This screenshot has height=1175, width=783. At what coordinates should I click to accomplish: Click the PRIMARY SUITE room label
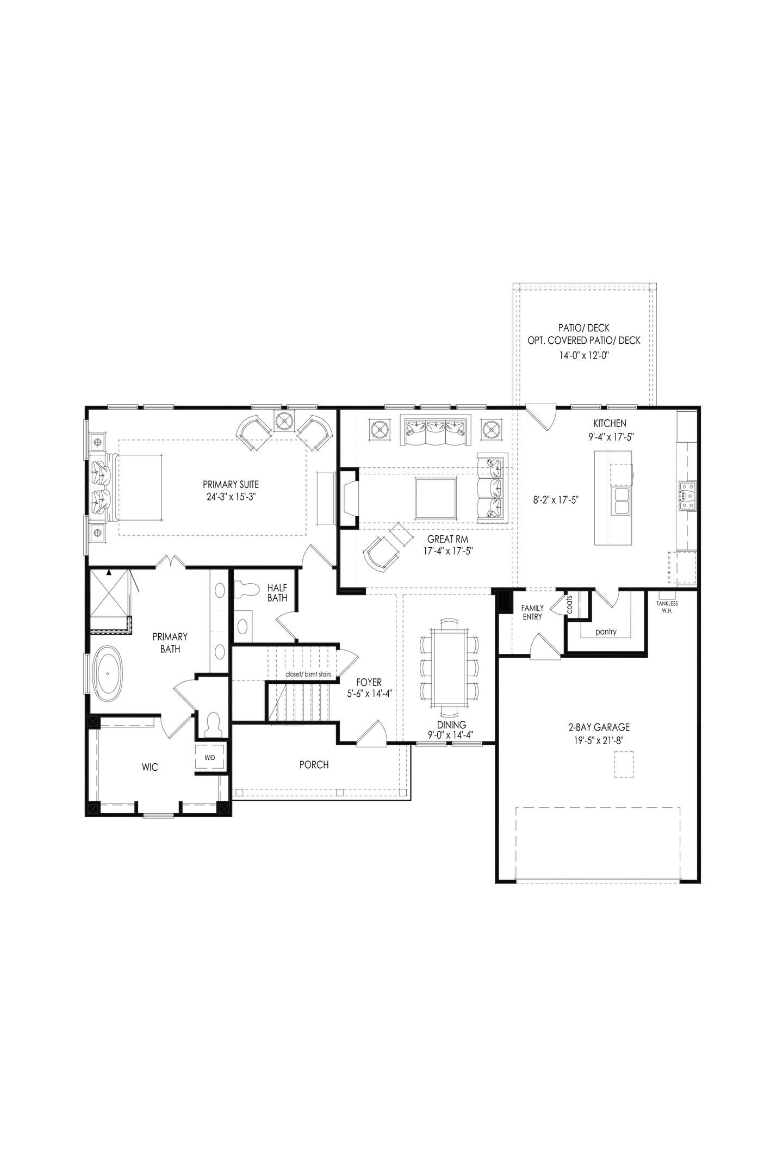tap(231, 484)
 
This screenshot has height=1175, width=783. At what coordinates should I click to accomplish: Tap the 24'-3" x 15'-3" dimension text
tap(231, 497)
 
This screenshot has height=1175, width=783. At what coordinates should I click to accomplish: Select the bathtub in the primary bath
tap(109, 673)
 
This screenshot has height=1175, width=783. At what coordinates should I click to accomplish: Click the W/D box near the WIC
tap(209, 758)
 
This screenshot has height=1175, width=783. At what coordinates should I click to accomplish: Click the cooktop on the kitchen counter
tap(687, 496)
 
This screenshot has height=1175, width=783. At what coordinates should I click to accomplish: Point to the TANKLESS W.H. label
tap(667, 607)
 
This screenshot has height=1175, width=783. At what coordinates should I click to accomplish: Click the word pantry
tap(605, 632)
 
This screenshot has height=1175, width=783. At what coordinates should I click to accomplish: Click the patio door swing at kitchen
tap(541, 416)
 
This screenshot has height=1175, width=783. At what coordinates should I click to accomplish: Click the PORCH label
tap(314, 765)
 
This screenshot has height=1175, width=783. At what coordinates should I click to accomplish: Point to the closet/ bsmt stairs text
tap(308, 674)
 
